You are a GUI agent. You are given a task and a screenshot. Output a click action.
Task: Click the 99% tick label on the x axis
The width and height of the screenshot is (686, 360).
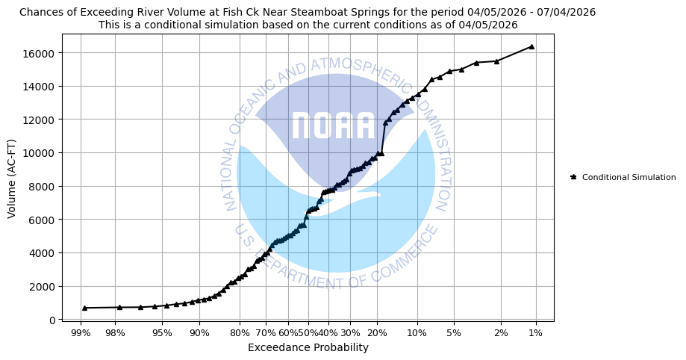81,333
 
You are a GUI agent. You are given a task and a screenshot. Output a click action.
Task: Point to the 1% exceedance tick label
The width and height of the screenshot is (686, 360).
536,333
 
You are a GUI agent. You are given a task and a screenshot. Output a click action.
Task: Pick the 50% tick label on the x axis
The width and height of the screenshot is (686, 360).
306,333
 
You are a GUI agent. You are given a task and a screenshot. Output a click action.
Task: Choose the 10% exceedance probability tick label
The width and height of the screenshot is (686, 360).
417,333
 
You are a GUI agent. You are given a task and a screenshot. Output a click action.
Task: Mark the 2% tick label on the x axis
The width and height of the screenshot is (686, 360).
501,333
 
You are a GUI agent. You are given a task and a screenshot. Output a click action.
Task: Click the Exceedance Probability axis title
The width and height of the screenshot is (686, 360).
308,348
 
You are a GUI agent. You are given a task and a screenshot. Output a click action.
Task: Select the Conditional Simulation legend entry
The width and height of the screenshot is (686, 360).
629,177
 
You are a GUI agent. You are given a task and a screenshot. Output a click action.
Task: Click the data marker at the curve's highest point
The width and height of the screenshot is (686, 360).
531,46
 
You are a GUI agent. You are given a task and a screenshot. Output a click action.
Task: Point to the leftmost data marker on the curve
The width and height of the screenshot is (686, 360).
84,308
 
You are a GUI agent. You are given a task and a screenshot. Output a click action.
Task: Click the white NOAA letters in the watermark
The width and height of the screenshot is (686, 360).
333,126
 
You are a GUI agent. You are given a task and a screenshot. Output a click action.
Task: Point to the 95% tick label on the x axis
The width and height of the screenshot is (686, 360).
162,333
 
